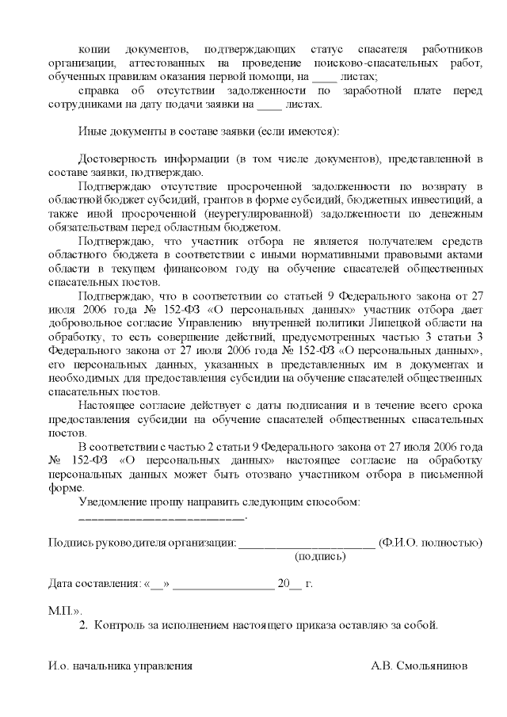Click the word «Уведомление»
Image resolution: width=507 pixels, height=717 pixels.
[x=115, y=502]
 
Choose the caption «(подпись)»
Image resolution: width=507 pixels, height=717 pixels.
[x=321, y=557]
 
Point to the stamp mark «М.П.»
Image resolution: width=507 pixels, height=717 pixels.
[x=63, y=612]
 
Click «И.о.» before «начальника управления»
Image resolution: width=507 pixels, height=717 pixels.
[x=59, y=666]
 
